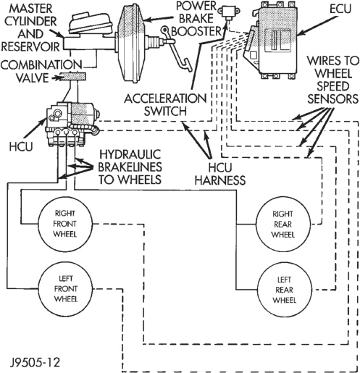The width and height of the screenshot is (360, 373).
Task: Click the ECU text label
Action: tap(340, 9)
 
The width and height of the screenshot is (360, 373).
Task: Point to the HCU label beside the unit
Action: tap(21, 146)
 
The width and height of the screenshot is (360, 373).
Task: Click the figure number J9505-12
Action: tap(35, 363)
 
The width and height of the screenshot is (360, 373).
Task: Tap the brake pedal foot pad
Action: tap(187, 64)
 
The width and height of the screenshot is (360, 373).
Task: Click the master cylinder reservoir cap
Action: tap(91, 22)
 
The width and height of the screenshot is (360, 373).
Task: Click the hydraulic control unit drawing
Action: tap(72, 125)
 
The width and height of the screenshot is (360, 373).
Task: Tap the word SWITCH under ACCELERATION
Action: tap(165, 112)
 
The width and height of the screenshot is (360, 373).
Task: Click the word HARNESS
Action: tap(220, 180)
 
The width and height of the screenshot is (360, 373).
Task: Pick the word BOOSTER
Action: tap(196, 31)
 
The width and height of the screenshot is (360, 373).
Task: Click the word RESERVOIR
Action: tap(30, 46)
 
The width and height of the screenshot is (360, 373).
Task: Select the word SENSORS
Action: tap(332, 99)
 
